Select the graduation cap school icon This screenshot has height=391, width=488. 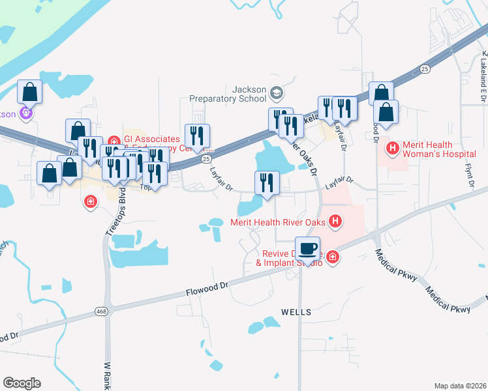[x=277, y=93]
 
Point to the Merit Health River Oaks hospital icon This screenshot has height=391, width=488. [x=335, y=222]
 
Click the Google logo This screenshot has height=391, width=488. [x=22, y=383]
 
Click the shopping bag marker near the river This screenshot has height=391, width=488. [x=29, y=91]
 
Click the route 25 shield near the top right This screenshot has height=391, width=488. [x=425, y=68]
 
